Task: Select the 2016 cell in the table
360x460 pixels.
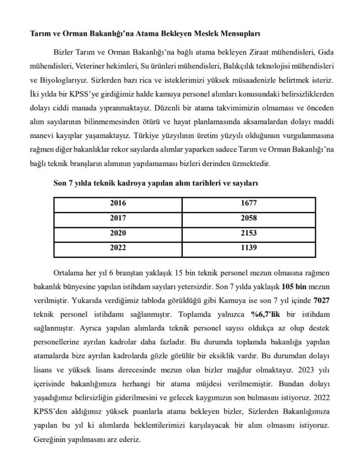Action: [x=118, y=203]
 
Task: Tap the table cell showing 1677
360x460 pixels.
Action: [x=249, y=203]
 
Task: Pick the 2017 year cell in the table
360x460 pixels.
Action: [x=118, y=218]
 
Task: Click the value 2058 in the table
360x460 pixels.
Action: [x=249, y=218]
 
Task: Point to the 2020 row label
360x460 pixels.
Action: [x=118, y=233]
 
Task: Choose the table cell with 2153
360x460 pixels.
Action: [x=249, y=233]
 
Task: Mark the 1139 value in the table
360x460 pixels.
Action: [x=249, y=248]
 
